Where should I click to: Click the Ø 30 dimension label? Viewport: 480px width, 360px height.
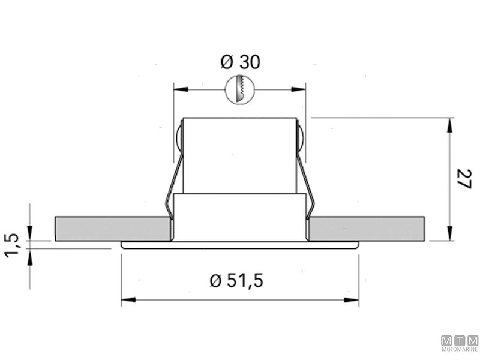(241, 62)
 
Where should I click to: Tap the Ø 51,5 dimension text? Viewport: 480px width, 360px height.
(236, 280)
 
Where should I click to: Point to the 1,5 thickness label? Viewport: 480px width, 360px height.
(12, 245)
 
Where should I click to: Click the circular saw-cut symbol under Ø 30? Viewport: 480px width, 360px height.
(241, 89)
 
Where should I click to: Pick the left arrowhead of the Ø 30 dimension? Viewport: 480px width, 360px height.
(181, 89)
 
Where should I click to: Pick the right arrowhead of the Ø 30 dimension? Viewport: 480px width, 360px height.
(298, 89)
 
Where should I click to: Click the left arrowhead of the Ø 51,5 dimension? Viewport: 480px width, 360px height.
(128, 299)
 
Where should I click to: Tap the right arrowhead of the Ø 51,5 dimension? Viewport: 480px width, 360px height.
(352, 299)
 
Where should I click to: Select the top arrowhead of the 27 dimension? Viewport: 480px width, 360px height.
(449, 125)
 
